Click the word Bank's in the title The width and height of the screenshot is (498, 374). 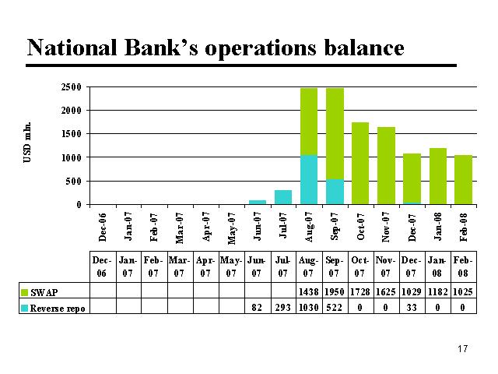160,48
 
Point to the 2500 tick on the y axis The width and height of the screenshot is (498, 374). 71,87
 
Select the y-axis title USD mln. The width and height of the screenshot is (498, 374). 27,142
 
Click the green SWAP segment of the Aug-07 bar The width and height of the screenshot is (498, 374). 309,122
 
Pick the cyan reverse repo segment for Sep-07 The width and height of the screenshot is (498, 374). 335,192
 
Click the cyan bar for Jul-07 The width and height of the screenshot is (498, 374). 283,197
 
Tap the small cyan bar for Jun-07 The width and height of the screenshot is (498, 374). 258,203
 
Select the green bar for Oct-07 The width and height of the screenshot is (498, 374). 360,163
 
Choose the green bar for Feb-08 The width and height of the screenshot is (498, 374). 464,180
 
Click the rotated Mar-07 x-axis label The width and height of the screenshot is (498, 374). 180,228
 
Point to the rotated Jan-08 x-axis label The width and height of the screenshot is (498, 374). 437,227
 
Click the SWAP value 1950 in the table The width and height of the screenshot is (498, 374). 335,291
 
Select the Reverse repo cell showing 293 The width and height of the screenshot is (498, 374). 282,307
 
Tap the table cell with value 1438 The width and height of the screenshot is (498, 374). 309,291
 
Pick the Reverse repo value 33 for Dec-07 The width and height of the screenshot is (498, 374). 412,307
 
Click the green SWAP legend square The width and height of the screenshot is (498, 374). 24,292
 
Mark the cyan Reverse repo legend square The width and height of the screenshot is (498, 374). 24,309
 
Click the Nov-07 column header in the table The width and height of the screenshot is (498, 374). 386,266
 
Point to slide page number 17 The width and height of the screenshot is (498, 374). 463,349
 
